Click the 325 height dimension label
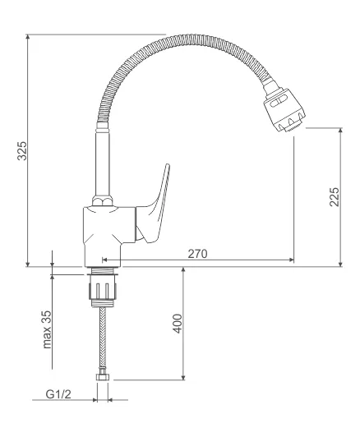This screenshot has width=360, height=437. pos(22,151)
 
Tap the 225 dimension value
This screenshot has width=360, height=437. pos(335,197)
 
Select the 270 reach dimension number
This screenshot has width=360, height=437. pos(197,254)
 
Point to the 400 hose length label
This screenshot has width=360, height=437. pos(178,324)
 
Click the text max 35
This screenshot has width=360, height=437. pos(47,329)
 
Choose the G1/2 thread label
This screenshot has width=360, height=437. pos(58,394)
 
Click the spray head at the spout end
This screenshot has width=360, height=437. pos(284,110)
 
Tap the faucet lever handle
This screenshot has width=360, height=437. pos(154,207)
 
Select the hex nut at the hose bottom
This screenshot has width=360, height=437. pos(103,377)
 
